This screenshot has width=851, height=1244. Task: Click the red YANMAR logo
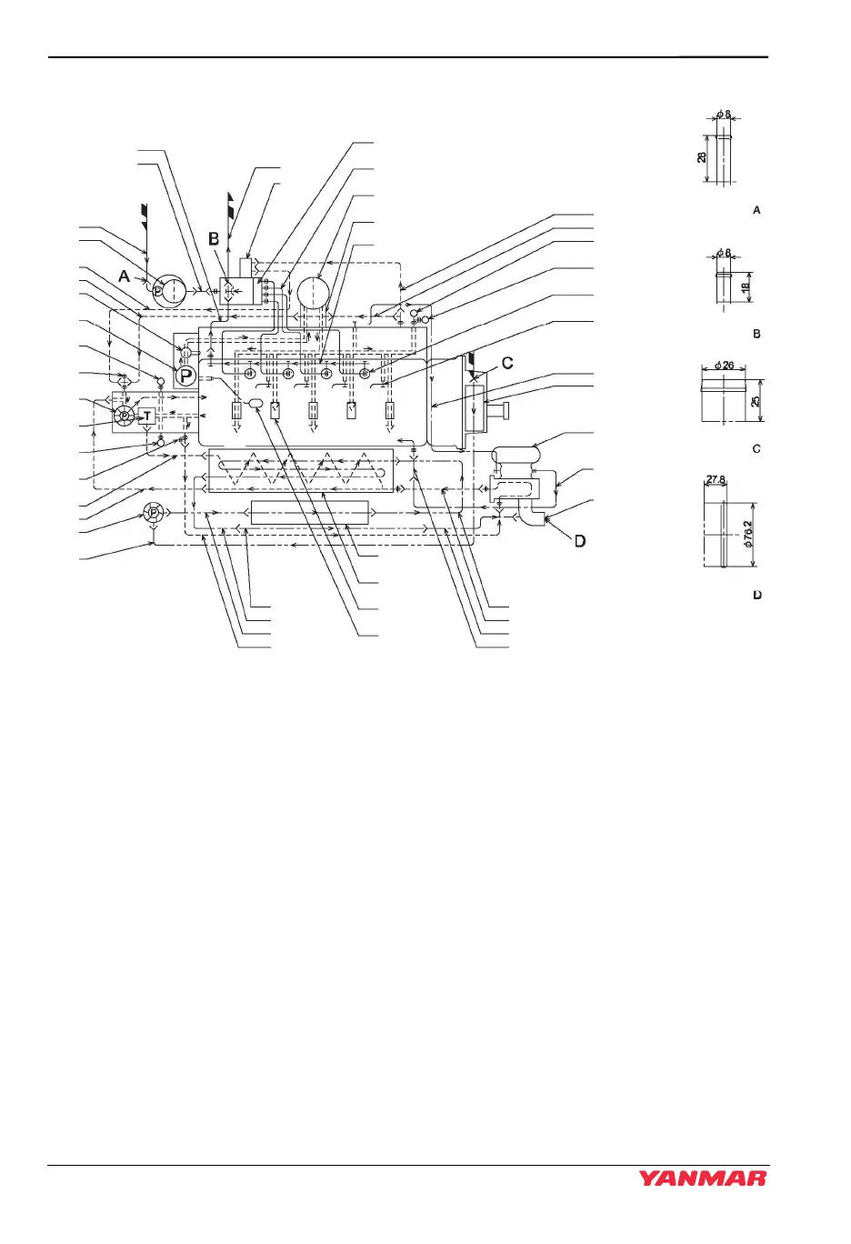tap(702, 1179)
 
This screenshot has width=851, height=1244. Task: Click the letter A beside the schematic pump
tap(124, 276)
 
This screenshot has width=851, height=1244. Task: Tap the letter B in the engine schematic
tap(214, 238)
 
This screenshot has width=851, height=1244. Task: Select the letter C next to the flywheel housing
tap(507, 362)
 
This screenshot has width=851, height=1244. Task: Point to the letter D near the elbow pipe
tap(579, 541)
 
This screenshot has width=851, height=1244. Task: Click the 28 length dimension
tap(700, 157)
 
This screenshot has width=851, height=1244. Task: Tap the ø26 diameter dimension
tap(725, 366)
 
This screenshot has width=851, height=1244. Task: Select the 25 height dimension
tap(756, 399)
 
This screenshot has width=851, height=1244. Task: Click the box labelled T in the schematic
tap(148, 416)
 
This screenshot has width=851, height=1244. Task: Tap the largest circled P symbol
tap(185, 375)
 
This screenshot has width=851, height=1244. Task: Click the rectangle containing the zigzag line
tap(300, 469)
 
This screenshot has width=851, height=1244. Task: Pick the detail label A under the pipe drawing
tap(756, 210)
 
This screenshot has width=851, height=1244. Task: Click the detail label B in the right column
tap(756, 334)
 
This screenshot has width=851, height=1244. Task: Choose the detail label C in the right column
tap(756, 448)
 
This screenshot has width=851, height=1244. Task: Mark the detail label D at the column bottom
tap(756, 595)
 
